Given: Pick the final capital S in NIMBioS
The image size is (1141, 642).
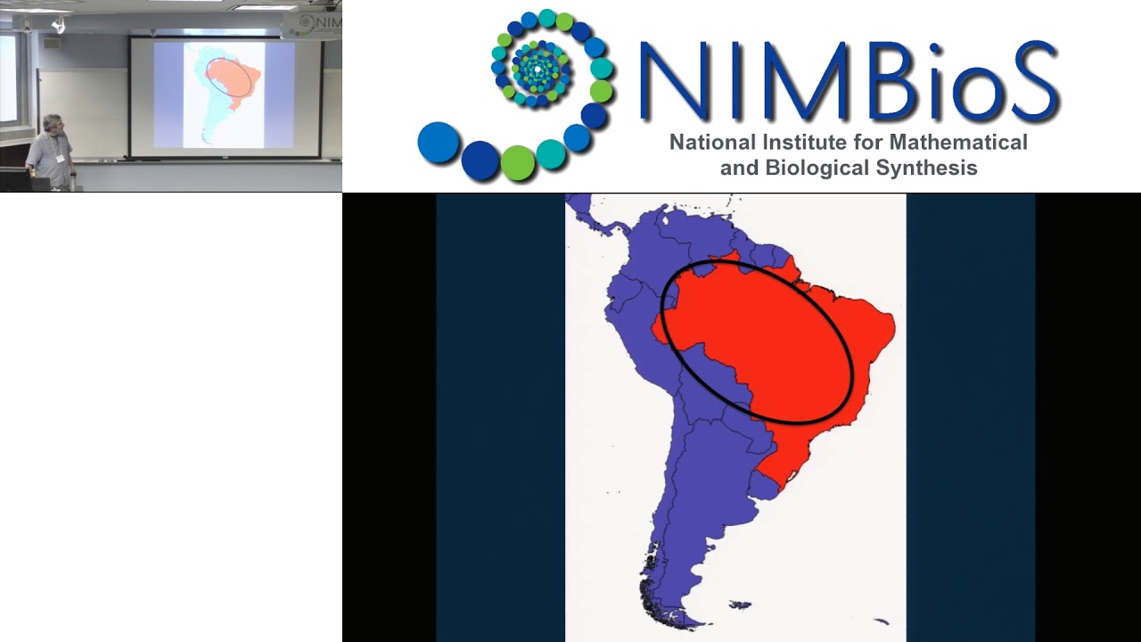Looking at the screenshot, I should tap(1029, 82).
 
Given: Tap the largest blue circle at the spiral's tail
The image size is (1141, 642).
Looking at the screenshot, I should tap(438, 143).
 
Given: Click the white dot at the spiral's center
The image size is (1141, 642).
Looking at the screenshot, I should tap(538, 68).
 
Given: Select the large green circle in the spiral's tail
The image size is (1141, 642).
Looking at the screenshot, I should tap(518, 163).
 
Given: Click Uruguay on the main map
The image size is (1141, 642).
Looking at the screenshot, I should tap(765, 484).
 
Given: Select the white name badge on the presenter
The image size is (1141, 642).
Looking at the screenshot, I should tap(61, 159).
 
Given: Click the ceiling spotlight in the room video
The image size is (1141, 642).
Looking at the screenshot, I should tap(59, 25).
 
